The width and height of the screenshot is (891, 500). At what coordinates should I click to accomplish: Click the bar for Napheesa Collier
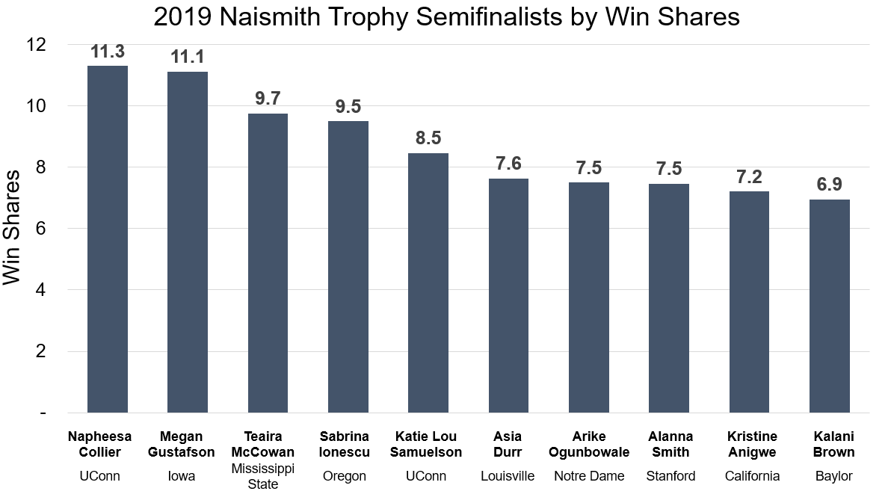[108, 239]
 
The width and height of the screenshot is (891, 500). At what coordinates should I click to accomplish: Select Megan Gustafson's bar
[187, 242]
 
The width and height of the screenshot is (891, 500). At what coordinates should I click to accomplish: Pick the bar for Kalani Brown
[830, 306]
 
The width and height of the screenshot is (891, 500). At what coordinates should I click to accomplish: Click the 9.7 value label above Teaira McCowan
[268, 99]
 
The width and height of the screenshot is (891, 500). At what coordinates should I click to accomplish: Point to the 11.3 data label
[108, 52]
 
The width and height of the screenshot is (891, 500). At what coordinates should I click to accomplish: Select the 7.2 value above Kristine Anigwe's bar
[749, 177]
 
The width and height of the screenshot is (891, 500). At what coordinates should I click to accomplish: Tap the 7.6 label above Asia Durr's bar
[508, 164]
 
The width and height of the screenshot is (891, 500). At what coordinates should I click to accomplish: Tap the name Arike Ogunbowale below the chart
[589, 444]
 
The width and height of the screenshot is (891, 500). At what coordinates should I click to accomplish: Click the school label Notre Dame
[589, 476]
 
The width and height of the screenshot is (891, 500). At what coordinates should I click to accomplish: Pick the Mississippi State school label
[263, 476]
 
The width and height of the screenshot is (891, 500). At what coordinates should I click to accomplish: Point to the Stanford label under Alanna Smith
[670, 476]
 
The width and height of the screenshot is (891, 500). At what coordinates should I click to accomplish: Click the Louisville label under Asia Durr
[508, 476]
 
